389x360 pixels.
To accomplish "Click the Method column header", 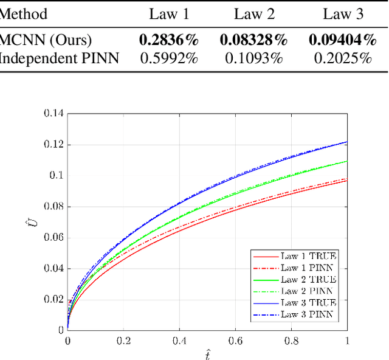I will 24,14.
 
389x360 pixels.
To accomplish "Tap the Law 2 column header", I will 253,14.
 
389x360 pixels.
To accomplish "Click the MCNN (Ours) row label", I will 46,40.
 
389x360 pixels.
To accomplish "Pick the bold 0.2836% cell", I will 169,40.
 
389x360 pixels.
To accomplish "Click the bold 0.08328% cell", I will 253,40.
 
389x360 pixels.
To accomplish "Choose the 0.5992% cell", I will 169,58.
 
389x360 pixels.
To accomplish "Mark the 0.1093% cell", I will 253,58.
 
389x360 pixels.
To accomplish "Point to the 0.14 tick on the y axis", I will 53,113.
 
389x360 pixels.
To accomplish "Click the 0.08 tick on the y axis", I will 53,206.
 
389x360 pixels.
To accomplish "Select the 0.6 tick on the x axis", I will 235,341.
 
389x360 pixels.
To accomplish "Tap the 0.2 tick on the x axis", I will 123,341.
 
